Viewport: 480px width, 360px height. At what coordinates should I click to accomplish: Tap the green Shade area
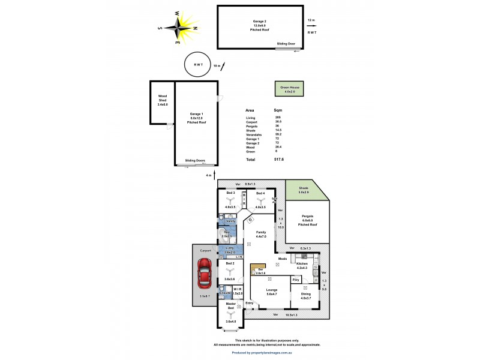(x=304, y=191)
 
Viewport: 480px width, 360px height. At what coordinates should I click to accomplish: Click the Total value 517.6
(x=278, y=160)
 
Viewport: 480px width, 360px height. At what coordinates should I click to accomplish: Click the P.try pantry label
(x=296, y=279)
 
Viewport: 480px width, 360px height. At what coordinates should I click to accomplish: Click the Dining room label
(x=307, y=293)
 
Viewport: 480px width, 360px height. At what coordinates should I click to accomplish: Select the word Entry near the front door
(x=249, y=304)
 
